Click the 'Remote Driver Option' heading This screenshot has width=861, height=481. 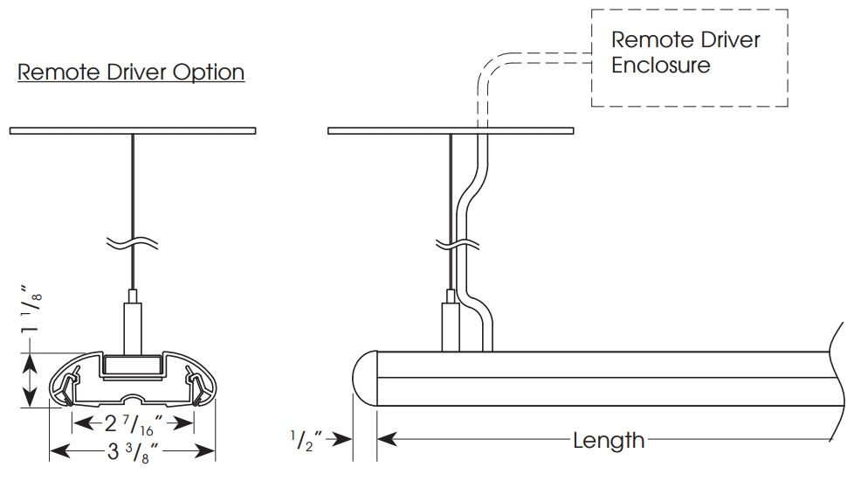[131, 72]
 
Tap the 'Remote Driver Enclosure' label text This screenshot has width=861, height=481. [685, 52]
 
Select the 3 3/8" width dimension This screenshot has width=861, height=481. [132, 451]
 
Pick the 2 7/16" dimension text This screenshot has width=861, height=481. [134, 423]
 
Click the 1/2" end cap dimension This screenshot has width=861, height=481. [306, 440]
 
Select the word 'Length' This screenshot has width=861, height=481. [609, 440]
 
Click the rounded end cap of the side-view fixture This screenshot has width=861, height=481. [365, 379]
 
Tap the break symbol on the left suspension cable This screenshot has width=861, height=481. [133, 243]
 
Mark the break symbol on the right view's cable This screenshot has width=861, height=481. [458, 244]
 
